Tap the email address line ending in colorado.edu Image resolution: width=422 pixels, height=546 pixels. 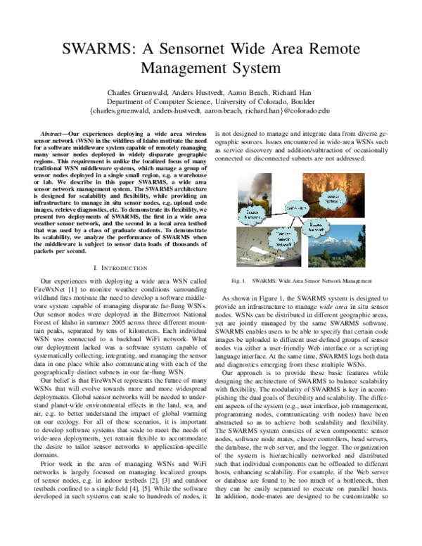(210, 111)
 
